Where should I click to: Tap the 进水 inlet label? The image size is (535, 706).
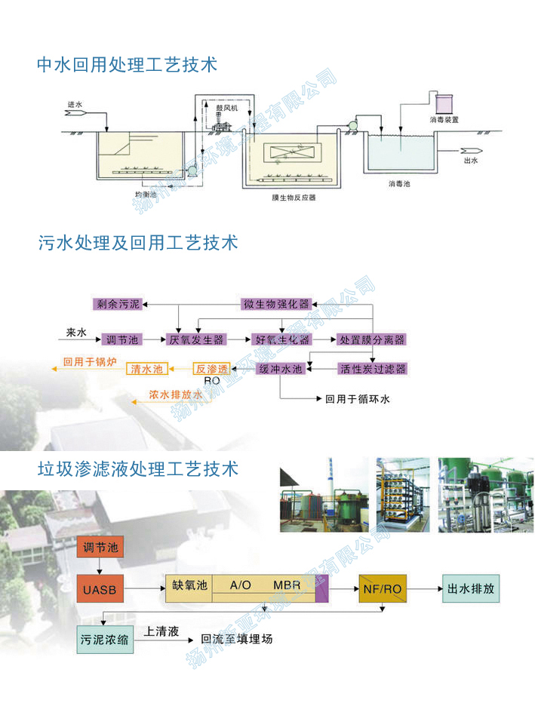74,105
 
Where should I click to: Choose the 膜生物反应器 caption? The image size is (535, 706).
294,198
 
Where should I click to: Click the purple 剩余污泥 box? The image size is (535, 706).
118,305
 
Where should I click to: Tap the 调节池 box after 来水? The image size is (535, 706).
121,340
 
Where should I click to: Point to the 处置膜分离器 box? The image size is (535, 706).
371,340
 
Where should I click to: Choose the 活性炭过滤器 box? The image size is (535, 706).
372,369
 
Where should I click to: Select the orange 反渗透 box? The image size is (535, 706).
211,369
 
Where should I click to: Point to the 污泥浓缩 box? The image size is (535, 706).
105,640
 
